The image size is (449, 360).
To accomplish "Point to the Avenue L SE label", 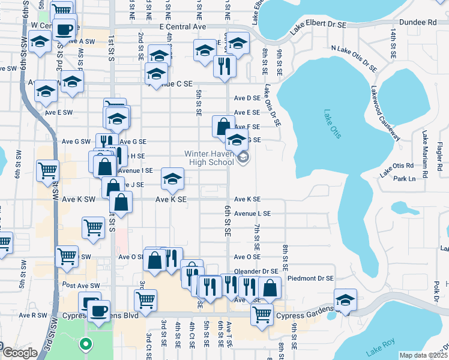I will tap(252, 214).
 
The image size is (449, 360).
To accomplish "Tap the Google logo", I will tap(19, 353).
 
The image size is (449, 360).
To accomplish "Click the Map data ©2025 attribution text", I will tap(423, 355).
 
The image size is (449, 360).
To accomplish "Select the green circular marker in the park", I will tap(85, 344).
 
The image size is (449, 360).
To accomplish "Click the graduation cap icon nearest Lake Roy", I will tap(346, 300).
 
